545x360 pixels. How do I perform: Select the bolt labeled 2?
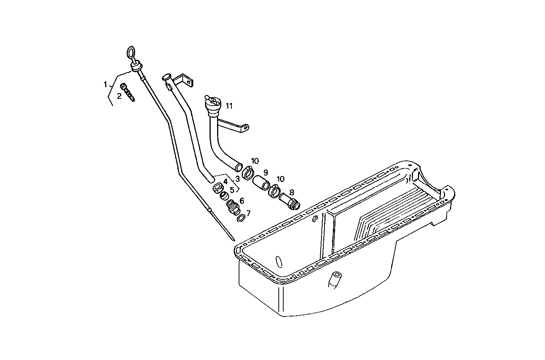[127, 92]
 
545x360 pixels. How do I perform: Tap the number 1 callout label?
[106, 84]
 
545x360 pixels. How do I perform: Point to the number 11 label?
[229, 106]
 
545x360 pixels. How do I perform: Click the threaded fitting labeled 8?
[290, 200]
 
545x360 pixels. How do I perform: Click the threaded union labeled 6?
[232, 207]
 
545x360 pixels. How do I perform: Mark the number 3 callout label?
[238, 178]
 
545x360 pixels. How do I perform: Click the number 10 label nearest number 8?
[280, 179]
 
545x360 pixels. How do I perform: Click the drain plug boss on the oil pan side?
[334, 279]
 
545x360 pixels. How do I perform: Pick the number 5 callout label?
[232, 189]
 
